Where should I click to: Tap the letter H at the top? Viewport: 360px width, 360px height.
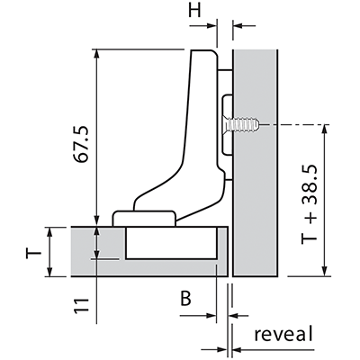point(194,11)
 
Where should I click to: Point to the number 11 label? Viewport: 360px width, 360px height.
point(82,305)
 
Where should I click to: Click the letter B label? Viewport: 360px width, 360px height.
point(186,299)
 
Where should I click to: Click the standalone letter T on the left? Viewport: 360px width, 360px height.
point(33,253)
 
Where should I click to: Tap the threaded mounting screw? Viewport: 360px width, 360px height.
point(241,124)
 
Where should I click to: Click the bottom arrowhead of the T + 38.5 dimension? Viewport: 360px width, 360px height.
point(324,271)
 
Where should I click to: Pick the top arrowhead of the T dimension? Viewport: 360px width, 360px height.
point(50,232)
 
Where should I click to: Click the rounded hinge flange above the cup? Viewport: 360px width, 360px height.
point(144,218)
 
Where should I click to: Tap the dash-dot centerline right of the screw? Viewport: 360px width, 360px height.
point(295,124)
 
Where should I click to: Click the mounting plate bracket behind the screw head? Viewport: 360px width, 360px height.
point(227,125)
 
